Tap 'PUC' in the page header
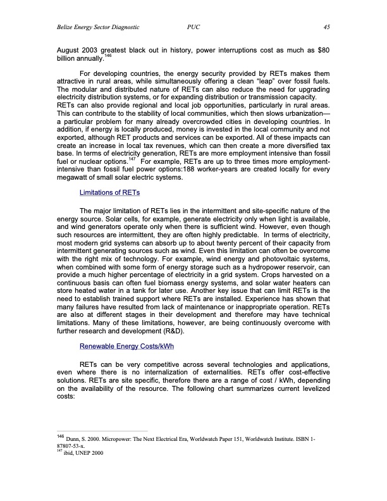tap(194, 28)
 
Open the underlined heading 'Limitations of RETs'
tap(109, 192)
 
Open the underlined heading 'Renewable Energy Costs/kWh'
tap(126, 346)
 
